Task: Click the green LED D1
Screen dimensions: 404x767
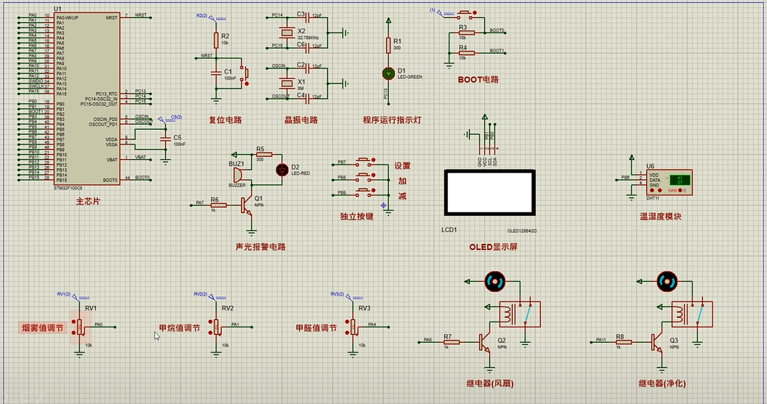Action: [x=388, y=73]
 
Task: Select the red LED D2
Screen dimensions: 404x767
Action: [x=282, y=170]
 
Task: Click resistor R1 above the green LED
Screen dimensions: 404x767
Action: [x=388, y=45]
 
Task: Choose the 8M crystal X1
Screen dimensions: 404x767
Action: [x=287, y=83]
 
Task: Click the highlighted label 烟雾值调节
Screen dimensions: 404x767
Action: [x=42, y=328]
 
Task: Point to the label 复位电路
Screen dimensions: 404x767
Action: [x=225, y=120]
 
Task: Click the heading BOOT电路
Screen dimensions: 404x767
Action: [x=478, y=80]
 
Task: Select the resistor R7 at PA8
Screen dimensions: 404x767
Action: [x=451, y=341]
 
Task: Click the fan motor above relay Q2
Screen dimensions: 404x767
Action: [x=494, y=280]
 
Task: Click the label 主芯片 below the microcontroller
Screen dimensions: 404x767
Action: [x=88, y=201]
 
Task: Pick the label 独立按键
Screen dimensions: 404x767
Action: [x=357, y=217]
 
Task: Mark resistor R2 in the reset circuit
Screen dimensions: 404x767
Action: [x=217, y=40]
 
